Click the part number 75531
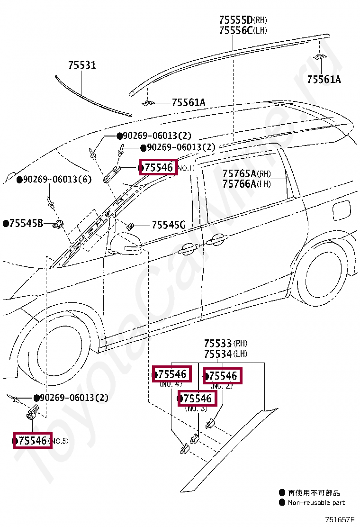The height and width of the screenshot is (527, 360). point(81,65)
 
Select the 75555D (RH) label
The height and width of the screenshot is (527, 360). point(243,20)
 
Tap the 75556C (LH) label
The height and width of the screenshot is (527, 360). point(243,31)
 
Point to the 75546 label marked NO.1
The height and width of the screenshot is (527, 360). point(158,167)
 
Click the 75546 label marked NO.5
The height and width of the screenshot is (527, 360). point(32,441)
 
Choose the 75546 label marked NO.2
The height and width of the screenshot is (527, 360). point(223,376)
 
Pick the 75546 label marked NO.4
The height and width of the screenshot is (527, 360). point(171,374)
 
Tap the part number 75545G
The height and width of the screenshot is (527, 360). point(169,225)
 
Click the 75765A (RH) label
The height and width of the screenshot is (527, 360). point(246,173)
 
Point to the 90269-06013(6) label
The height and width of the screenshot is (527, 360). point(57,180)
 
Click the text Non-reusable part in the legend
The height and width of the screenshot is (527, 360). point(316,502)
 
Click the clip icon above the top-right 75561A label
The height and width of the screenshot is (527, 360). point(320,57)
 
